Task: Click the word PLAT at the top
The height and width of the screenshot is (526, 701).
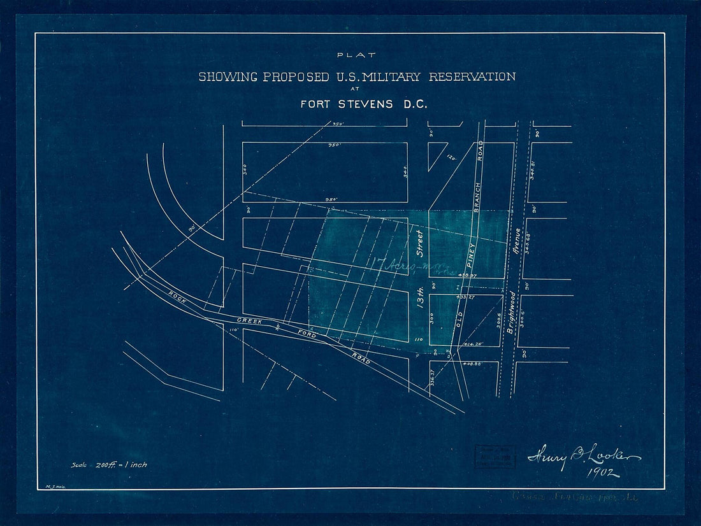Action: coord(358,55)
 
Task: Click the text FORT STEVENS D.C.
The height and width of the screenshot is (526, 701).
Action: coord(364,104)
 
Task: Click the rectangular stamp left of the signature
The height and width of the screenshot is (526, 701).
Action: coord(495,456)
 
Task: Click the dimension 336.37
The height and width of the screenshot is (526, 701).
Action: coord(433,377)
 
